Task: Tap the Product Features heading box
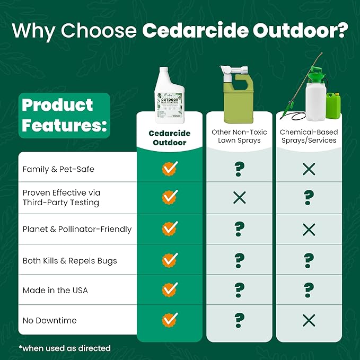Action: pyautogui.click(x=64, y=115)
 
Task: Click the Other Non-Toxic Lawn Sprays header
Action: pyautogui.click(x=239, y=136)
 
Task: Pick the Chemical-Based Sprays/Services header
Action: pyautogui.click(x=309, y=136)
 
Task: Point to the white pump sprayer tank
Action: pyautogui.click(x=315, y=95)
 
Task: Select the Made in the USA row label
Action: pyautogui.click(x=55, y=290)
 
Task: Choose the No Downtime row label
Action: pyautogui.click(x=49, y=320)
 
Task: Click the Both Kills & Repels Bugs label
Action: pyautogui.click(x=69, y=260)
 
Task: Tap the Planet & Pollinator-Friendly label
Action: pyautogui.click(x=77, y=229)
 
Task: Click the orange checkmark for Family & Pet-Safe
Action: pyautogui.click(x=170, y=169)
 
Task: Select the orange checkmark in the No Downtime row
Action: pyautogui.click(x=170, y=320)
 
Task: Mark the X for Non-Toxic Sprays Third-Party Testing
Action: pyautogui.click(x=239, y=198)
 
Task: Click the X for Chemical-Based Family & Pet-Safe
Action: pyautogui.click(x=309, y=169)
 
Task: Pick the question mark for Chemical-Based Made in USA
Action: pyautogui.click(x=309, y=289)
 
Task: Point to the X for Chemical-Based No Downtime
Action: pyautogui.click(x=309, y=320)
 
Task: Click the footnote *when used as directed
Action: pyautogui.click(x=65, y=348)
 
